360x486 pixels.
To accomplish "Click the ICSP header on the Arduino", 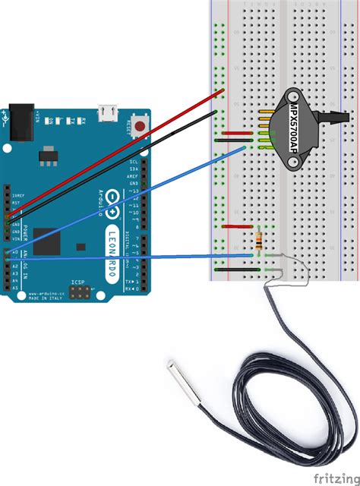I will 79,291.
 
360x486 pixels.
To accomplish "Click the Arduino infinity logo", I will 112,199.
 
